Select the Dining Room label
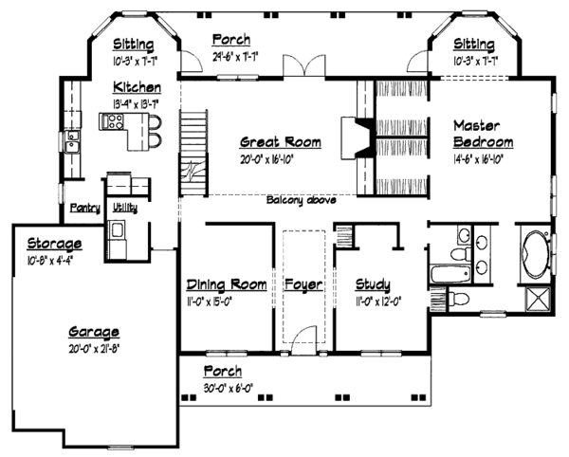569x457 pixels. pyautogui.click(x=226, y=284)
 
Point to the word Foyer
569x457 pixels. pyautogui.click(x=304, y=284)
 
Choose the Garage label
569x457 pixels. pyautogui.click(x=92, y=332)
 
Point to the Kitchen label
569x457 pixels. pyautogui.click(x=134, y=85)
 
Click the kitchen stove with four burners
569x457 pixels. pyautogui.click(x=113, y=121)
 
